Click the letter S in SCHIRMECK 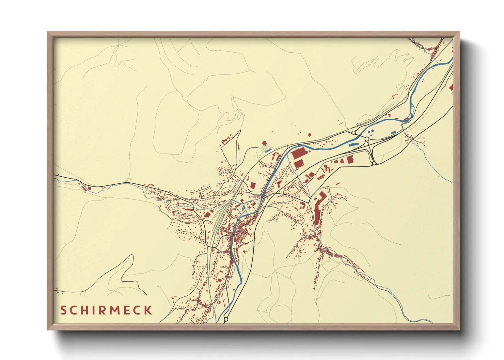pos(63,310)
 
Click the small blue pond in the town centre pos(243,207)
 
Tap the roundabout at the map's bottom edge pos(225,320)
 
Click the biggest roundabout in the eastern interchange pos(367,139)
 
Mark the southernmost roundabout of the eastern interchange pos(374,163)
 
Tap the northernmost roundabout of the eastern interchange pos(353,132)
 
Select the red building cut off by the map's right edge pos(451,87)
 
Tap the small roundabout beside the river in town pos(251,193)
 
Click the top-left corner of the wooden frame pos(48,32)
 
